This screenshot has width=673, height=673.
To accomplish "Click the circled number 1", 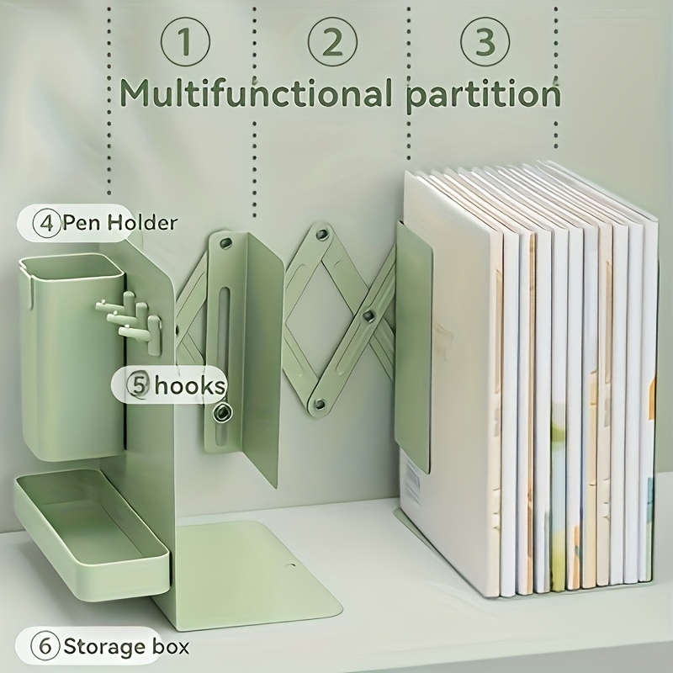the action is (185, 42).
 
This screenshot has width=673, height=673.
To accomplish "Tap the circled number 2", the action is (331, 42).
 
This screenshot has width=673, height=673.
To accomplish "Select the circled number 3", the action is (485, 42).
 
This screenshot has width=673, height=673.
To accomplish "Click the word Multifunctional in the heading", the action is (256, 92).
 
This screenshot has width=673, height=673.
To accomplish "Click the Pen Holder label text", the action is (119, 223).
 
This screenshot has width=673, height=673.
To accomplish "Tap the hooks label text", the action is (190, 385).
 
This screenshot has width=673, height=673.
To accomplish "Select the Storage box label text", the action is (126, 647).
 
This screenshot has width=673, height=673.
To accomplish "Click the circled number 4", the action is (46, 223).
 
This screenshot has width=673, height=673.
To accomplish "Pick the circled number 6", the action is (45, 647).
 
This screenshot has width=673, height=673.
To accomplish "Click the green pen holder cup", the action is (72, 356).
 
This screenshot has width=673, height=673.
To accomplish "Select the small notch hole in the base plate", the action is (292, 566).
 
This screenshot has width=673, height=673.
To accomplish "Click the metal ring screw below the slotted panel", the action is (223, 413).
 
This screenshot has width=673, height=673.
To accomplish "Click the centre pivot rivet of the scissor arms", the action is (368, 316).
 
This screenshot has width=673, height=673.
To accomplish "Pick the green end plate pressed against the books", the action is (413, 347).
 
